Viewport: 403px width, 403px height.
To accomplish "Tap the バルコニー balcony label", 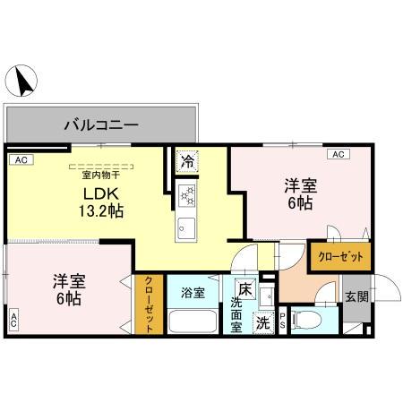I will pos(99,124).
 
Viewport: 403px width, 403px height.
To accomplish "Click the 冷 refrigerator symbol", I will pos(187,162).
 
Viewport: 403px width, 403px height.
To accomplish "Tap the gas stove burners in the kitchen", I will pos(188,193).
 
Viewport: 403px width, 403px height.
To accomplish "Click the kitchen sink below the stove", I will pos(187,224).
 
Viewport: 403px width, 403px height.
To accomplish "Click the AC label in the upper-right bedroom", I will pos(339,154).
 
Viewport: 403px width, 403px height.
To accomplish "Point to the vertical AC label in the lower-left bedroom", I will pos(14,320).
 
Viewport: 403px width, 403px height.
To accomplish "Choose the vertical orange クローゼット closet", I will pos(150,304).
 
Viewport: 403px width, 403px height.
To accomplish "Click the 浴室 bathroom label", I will pos(193,292).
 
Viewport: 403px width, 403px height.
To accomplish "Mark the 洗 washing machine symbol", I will pos(263,322).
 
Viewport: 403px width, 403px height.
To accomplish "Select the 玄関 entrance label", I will pos(355,296).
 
